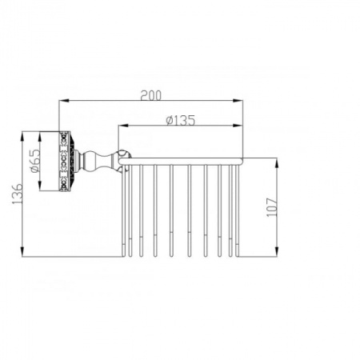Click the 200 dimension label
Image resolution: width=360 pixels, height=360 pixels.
pyautogui.click(x=151, y=95)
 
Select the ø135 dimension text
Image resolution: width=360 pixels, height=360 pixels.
pyautogui.click(x=181, y=120)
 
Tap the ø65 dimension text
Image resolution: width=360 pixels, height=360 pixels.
pyautogui.click(x=35, y=161)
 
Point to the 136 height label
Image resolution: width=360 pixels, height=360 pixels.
pyautogui.click(x=18, y=194)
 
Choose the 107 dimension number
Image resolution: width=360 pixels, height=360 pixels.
pyautogui.click(x=272, y=207)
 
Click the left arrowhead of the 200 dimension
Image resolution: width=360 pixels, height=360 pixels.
pyautogui.click(x=64, y=101)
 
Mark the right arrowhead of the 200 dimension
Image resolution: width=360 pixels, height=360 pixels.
pyautogui.click(x=238, y=101)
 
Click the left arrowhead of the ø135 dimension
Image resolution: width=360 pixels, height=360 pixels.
pyautogui.click(x=123, y=126)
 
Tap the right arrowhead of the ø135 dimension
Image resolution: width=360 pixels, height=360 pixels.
pyautogui.click(x=238, y=126)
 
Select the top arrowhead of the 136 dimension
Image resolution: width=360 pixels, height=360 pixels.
pyautogui.click(x=22, y=137)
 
